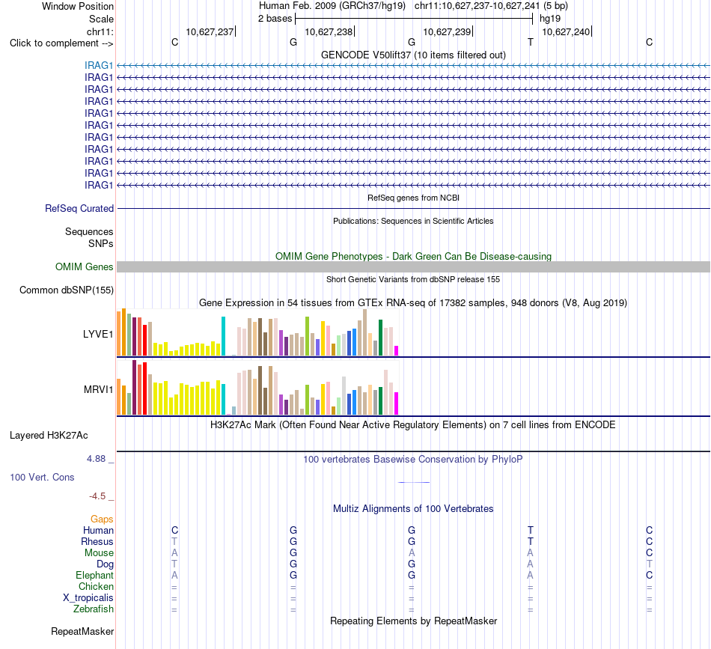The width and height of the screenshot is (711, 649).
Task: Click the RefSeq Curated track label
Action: [79, 209]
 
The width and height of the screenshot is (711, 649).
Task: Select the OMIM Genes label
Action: [85, 266]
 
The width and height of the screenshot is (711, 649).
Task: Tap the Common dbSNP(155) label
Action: [67, 290]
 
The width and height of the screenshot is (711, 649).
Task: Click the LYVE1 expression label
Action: [98, 335]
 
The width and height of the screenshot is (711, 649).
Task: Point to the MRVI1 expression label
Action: [98, 389]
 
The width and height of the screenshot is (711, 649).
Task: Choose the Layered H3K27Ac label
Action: [49, 436]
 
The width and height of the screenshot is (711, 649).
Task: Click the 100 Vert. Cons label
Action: [42, 477]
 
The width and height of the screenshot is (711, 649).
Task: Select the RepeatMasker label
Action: [82, 631]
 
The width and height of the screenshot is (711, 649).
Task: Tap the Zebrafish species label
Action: [94, 609]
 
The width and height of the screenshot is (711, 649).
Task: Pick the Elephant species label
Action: [95, 576]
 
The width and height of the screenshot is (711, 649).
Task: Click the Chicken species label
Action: [96, 586]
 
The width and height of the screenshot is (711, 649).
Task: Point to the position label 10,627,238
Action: [329, 31]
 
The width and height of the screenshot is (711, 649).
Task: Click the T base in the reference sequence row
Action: [531, 42]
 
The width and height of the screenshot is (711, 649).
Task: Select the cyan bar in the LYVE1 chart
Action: [223, 336]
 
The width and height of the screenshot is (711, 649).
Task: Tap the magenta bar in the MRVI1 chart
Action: [397, 403]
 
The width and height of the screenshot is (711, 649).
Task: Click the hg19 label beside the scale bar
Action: [550, 19]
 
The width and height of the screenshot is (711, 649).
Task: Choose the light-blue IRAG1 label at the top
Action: [98, 65]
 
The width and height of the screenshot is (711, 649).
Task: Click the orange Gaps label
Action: [102, 519]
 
